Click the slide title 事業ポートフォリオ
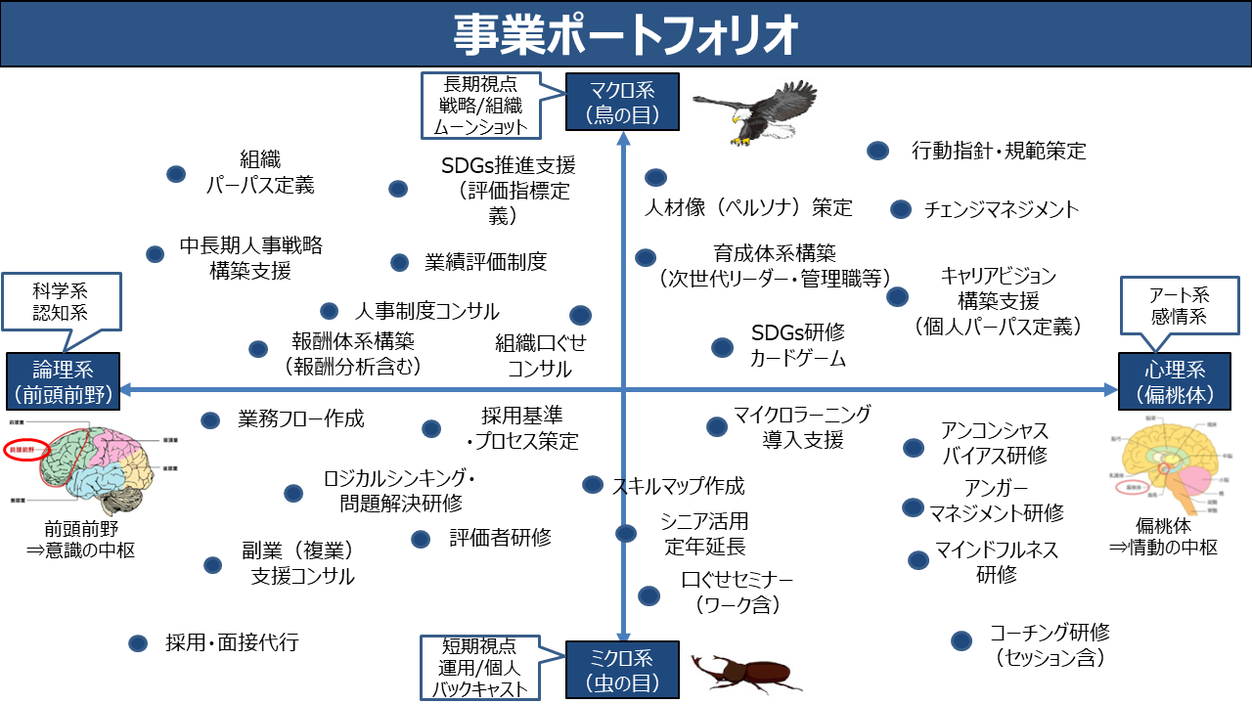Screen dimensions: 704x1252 [626, 34]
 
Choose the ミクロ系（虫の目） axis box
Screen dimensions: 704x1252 [622, 670]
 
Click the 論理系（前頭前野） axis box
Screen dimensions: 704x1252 [63, 381]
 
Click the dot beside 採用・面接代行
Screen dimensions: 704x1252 [138, 642]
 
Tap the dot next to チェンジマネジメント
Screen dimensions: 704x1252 [901, 209]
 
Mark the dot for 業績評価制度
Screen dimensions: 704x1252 [399, 262]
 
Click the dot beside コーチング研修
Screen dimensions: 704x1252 [961, 640]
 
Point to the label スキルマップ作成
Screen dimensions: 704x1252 [678, 486]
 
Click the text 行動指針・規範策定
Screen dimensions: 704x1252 [999, 151]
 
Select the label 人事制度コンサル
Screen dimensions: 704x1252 [426, 311]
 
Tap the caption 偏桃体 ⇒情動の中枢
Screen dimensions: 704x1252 [1163, 537]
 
